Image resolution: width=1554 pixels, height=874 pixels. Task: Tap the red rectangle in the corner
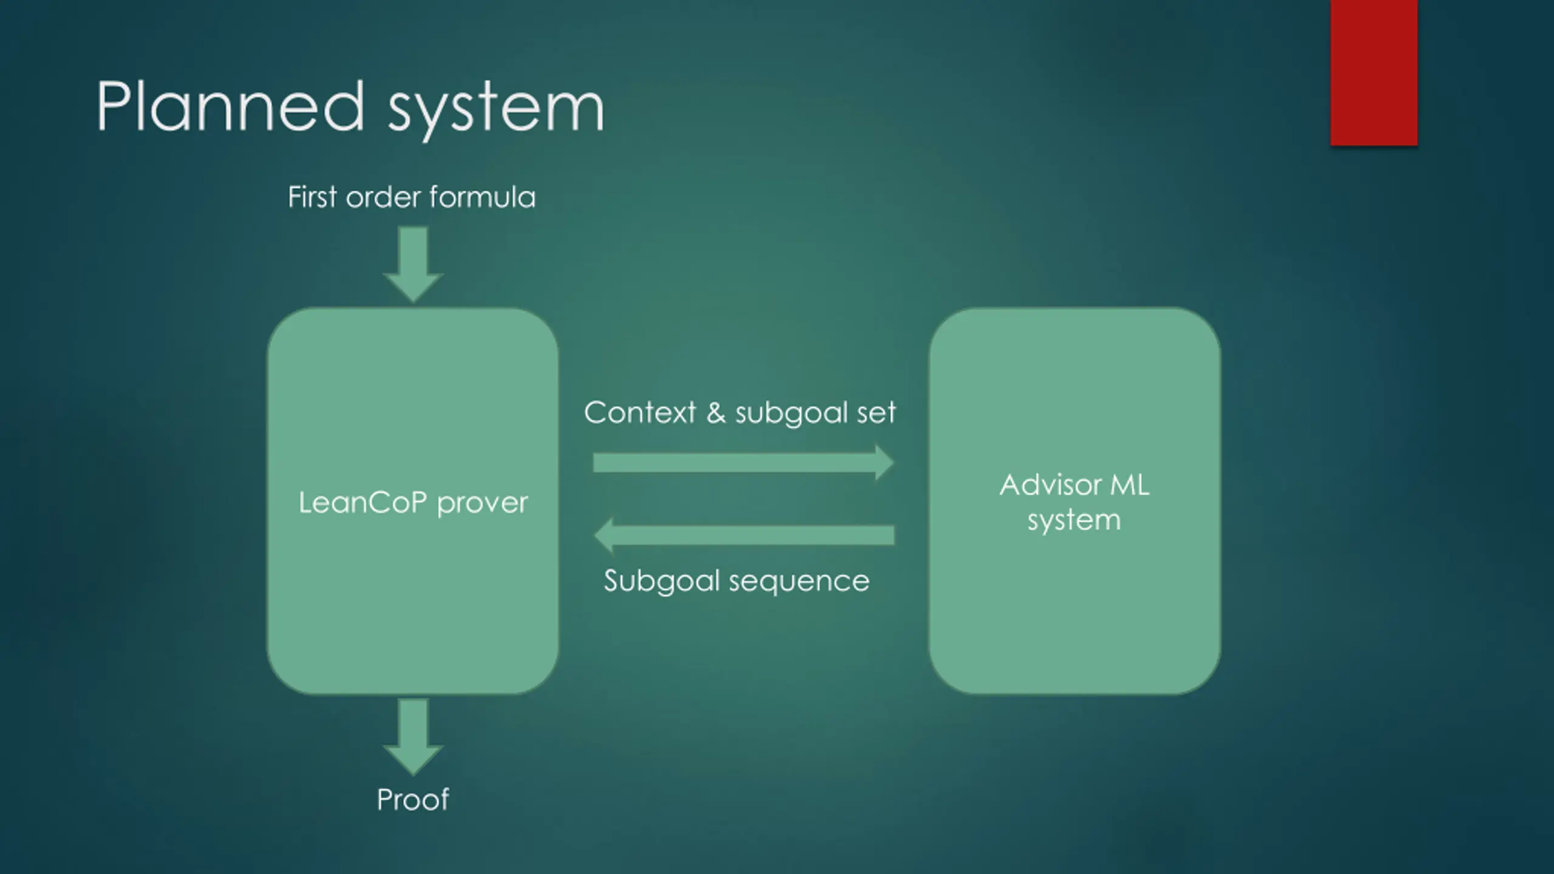(1374, 73)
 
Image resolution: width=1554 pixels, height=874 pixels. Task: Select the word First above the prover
(312, 197)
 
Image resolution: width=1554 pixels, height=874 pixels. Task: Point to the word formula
(482, 197)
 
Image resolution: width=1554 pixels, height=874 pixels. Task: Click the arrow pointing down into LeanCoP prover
(413, 265)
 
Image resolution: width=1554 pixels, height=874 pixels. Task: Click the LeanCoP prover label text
(413, 503)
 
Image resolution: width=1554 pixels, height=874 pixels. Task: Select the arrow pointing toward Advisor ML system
(744, 462)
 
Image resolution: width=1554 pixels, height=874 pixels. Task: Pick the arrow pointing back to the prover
(744, 535)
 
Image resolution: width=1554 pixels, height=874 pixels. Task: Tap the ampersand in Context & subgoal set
(716, 413)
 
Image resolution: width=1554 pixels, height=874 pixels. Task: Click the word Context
(640, 413)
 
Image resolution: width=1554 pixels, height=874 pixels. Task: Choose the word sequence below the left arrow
(799, 582)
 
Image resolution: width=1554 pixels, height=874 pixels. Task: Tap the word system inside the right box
(1074, 521)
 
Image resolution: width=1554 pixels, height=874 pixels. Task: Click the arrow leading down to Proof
(413, 737)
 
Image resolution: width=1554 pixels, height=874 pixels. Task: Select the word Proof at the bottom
(413, 799)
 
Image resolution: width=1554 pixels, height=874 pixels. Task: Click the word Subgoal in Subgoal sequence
(662, 582)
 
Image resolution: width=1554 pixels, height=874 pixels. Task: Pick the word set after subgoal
(876, 413)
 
